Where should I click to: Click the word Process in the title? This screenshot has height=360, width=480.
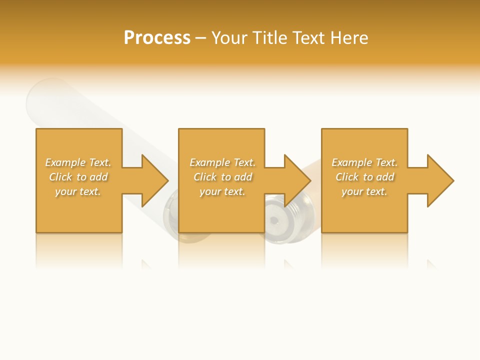[x=157, y=38]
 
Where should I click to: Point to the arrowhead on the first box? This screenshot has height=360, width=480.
[x=152, y=180]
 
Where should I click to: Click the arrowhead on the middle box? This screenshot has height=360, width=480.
[x=295, y=180]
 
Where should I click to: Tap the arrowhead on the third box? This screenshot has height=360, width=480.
[x=438, y=180]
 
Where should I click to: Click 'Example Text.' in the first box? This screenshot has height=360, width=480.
[x=78, y=162]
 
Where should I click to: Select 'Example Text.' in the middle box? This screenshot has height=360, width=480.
[x=222, y=162]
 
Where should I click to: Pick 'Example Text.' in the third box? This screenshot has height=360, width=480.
[x=364, y=162]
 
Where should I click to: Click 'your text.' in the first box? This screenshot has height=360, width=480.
[x=78, y=191]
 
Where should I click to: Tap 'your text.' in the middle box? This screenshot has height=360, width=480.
[x=222, y=191]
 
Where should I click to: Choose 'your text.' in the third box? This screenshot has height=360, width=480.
[x=364, y=191]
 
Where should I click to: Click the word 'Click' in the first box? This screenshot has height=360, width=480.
[x=60, y=177]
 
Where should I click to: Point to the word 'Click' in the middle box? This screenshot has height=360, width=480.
[x=205, y=177]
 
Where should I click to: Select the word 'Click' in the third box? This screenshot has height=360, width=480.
[x=347, y=177]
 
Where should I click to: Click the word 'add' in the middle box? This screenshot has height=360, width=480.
[x=243, y=177]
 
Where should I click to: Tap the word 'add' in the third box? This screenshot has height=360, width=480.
[x=385, y=177]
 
